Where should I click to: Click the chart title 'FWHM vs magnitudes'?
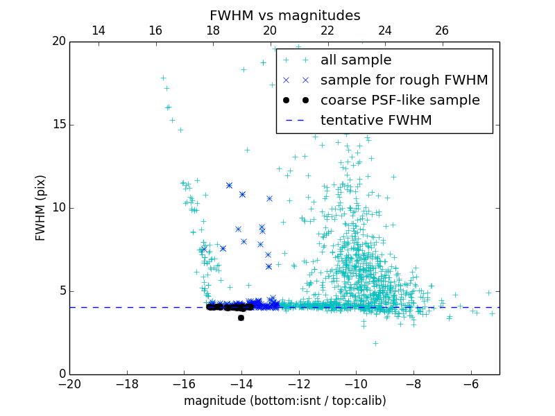tap(284, 15)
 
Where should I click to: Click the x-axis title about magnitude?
tap(284, 401)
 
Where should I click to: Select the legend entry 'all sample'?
tap(355, 60)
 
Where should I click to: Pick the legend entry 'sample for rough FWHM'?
tap(404, 80)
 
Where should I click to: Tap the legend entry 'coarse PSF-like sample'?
tap(400, 101)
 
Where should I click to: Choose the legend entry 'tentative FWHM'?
tap(375, 121)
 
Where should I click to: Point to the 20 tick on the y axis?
tap(58, 42)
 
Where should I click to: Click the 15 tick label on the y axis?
tap(58, 125)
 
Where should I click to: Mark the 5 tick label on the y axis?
tap(61, 291)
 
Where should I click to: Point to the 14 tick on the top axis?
tap(99, 31)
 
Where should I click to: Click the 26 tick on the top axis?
tap(442, 31)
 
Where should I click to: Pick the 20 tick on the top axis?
tap(270, 31)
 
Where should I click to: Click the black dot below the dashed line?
tap(241, 318)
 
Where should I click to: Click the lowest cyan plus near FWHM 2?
tap(375, 343)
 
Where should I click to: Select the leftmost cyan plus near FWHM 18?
tap(163, 78)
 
